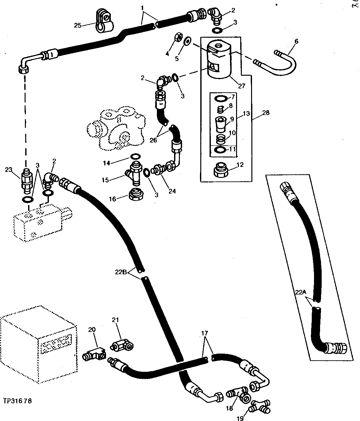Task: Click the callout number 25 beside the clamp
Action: click(78, 25)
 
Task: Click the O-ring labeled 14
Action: click(135, 156)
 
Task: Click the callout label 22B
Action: click(121, 272)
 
